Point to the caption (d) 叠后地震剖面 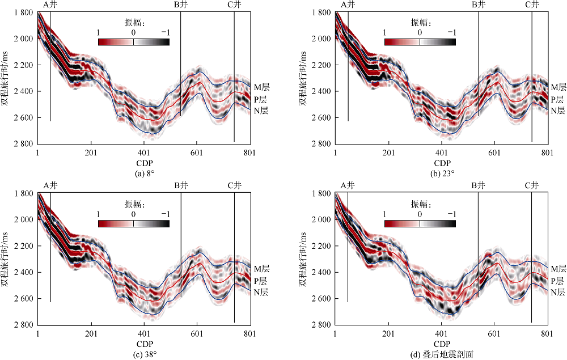point(441,354)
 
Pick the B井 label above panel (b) point(479,5)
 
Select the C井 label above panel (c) point(234,185)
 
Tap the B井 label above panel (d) point(479,185)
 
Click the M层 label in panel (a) point(260,87)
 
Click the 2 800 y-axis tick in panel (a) point(23,144)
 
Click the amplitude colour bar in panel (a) point(133,41)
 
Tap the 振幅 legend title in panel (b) point(420,23)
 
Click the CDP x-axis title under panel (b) point(441,163)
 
